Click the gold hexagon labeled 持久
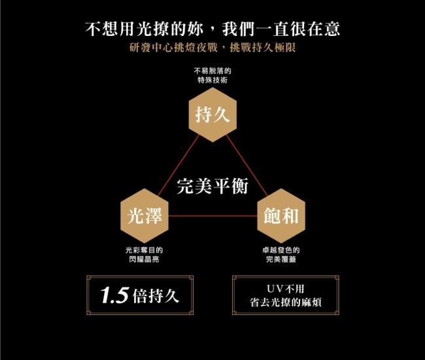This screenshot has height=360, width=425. pos(212,116)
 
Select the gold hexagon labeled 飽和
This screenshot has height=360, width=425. pos(280,216)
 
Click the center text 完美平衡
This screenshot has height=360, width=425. pos(212,186)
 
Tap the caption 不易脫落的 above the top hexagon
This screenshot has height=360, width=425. pos(212,71)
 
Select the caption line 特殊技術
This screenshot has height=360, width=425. pos(212,80)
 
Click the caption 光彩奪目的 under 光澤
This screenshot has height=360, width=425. pos(144,250)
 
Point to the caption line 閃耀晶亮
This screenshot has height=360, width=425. pos(144,259)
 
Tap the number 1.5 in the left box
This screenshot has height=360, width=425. pos(115,296)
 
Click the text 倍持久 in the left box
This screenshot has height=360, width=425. pos(156,296)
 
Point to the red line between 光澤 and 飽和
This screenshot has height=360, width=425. pos(212,216)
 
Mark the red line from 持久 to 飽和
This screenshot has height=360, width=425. pos(247,166)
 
